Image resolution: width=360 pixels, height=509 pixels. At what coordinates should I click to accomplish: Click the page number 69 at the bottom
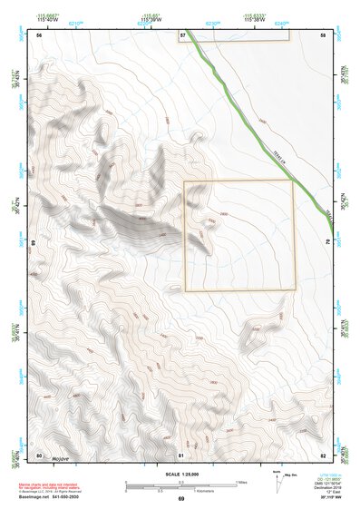coord(180,498)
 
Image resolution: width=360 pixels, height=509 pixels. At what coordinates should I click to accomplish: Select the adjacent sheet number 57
coord(182,34)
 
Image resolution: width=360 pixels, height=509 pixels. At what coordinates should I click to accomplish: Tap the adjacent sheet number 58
coord(323,34)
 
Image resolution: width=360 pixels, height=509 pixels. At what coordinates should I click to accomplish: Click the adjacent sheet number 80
coord(39,455)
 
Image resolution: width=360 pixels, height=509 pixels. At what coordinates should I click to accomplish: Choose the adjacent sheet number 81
coord(181,455)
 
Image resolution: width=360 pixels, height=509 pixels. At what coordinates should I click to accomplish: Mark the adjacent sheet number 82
coord(323,455)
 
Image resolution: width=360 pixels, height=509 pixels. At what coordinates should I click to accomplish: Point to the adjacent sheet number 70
coord(326,243)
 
